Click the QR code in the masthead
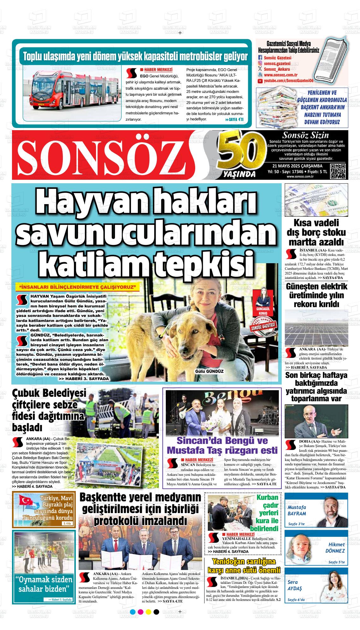coord(338,172)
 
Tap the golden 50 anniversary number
coord(242,153)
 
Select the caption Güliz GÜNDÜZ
coord(209,371)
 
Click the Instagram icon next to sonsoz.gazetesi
coord(260,64)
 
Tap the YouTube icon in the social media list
coord(260,81)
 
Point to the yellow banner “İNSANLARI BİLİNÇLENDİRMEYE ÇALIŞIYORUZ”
coord(77,287)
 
